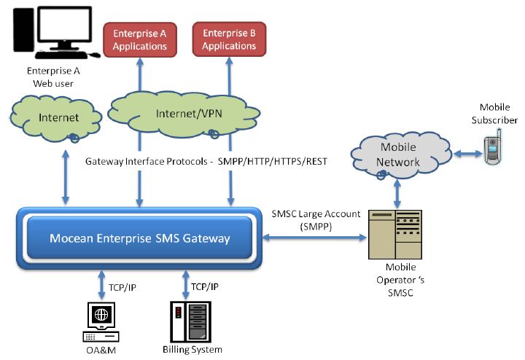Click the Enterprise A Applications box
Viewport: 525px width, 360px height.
click(x=139, y=39)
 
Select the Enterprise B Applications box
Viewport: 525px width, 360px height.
click(x=228, y=39)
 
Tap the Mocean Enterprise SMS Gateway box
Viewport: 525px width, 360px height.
click(x=139, y=238)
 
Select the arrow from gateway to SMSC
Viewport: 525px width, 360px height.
click(x=316, y=238)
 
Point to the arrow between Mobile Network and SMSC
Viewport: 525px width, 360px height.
click(x=397, y=194)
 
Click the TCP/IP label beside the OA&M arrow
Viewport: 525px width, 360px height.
click(x=122, y=286)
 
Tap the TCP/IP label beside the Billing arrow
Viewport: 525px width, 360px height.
click(x=206, y=286)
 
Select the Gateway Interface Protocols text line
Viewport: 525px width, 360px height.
click(x=206, y=160)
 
